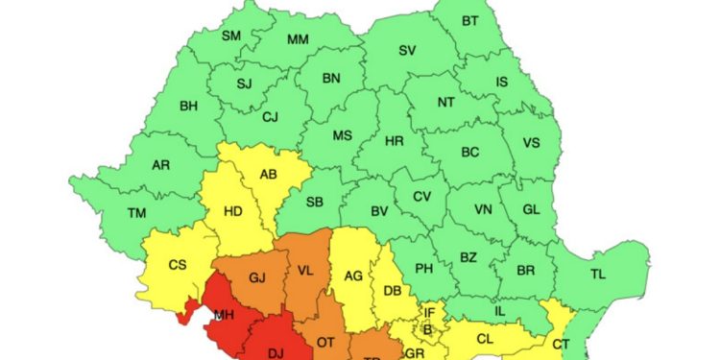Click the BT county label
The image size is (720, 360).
click(x=469, y=21)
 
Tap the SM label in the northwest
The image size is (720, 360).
click(x=231, y=36)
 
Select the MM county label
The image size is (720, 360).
click(x=298, y=39)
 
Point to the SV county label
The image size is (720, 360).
click(x=407, y=50)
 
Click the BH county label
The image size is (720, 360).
click(x=189, y=106)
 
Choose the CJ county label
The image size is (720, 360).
click(x=271, y=117)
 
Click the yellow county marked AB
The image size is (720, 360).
click(x=269, y=175)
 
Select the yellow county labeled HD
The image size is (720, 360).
click(x=232, y=212)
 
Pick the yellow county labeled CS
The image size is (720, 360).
click(x=177, y=265)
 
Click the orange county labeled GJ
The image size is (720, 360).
click(x=256, y=278)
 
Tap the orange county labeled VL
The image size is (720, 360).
click(x=307, y=271)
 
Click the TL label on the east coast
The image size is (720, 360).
click(x=597, y=275)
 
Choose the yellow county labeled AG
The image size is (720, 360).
click(x=353, y=276)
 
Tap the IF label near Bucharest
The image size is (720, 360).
click(x=430, y=313)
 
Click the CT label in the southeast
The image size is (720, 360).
click(x=562, y=344)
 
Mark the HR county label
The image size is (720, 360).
click(x=394, y=140)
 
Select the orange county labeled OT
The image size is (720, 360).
click(x=325, y=343)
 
